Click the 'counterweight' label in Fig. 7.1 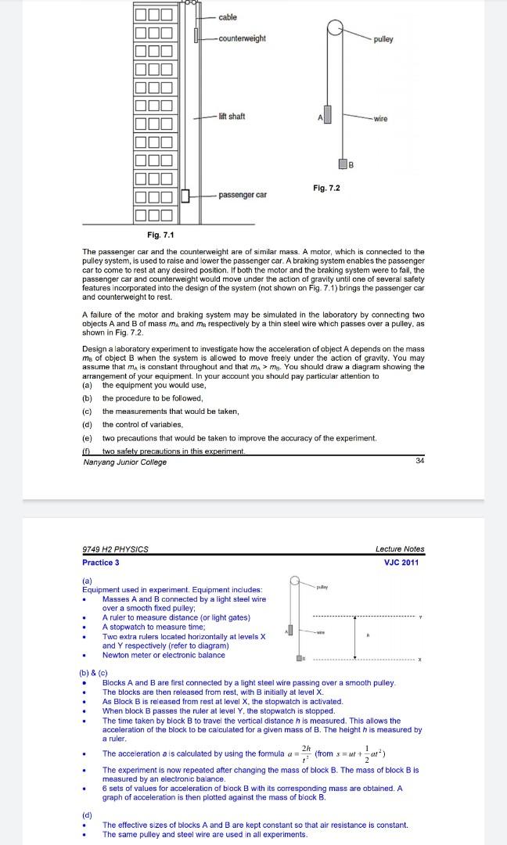coord(242,38)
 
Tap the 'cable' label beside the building coord(228,17)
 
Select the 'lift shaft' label coord(232,117)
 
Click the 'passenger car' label coord(243,194)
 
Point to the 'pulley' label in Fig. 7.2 coord(383,39)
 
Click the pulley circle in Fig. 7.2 coord(335,29)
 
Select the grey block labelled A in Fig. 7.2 coord(327,114)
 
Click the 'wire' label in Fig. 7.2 coord(381,119)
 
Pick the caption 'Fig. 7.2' coord(326,189)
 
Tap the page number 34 coord(420,462)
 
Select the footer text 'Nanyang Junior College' coord(124,462)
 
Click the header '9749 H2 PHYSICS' coord(115,549)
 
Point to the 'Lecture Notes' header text coord(399,549)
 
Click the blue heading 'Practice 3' coord(101,563)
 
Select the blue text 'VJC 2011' coord(401,563)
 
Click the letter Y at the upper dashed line coord(420,617)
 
